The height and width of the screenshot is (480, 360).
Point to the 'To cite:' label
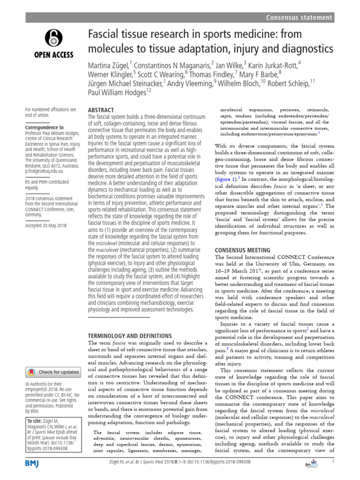(x=34, y=421)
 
